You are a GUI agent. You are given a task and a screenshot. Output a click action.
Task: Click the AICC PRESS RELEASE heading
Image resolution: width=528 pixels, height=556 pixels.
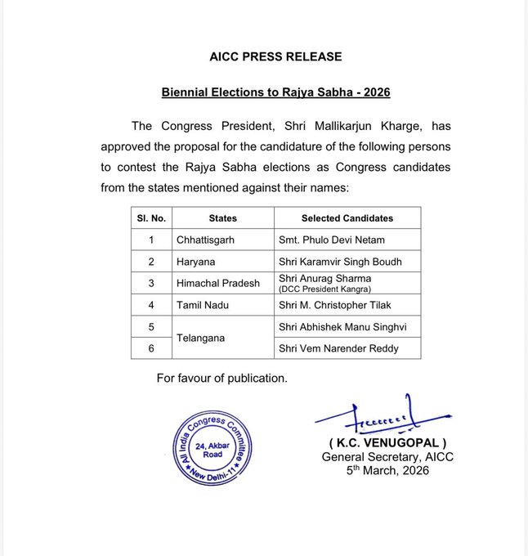tap(275, 56)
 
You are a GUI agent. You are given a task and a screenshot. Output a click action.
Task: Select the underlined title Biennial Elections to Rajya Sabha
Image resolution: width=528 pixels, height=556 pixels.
tap(275, 92)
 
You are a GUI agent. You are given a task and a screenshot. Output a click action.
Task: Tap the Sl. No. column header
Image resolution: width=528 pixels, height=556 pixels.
tap(151, 218)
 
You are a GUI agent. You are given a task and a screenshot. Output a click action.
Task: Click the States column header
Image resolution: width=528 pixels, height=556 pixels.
tap(222, 218)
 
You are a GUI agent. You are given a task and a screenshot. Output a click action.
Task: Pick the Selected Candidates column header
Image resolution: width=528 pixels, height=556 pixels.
tap(347, 218)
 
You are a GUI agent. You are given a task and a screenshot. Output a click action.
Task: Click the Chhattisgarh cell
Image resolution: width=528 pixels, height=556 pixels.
tap(208, 240)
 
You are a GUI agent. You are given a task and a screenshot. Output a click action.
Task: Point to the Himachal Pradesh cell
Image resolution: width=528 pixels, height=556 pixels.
tap(218, 283)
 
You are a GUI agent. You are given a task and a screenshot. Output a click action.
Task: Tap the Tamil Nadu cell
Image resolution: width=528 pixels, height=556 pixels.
tap(202, 305)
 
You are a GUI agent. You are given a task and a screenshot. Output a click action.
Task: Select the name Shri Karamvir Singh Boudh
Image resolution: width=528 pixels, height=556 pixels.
tap(340, 262)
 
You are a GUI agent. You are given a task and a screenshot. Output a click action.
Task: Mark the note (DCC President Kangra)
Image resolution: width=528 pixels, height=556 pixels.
tap(325, 289)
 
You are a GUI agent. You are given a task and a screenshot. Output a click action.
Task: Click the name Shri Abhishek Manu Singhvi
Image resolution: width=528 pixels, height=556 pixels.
tap(343, 326)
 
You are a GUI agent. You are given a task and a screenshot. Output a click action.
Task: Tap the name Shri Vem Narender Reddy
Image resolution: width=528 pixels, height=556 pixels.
tap(338, 347)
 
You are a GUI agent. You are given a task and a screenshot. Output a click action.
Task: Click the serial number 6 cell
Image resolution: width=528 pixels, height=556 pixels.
tap(151, 347)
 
